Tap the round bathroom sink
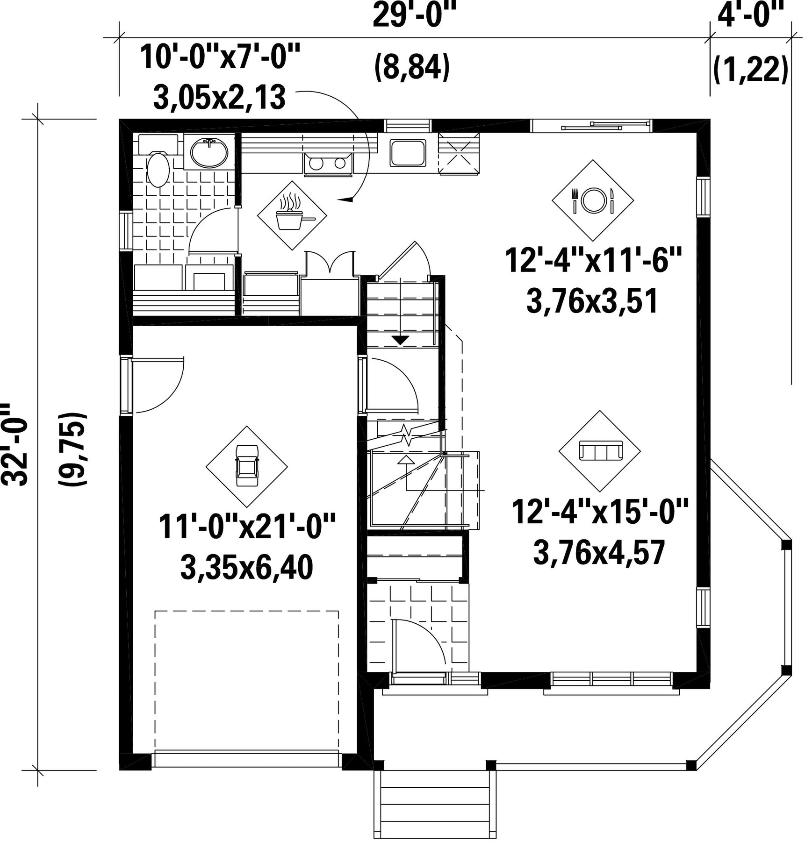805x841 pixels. tap(209, 152)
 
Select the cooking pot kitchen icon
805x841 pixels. tap(292, 215)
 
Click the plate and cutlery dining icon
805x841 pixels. tap(593, 200)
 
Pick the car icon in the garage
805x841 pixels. tap(247, 466)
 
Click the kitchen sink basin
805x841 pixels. tap(408, 153)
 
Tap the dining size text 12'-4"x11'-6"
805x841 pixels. tap(593, 260)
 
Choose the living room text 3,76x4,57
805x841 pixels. tap(599, 552)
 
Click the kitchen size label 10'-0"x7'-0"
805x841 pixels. tap(220, 57)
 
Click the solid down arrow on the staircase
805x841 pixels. tap(400, 340)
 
